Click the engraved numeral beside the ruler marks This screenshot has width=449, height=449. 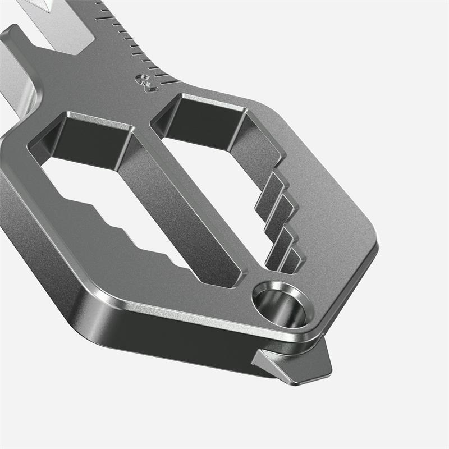tap(145, 83)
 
